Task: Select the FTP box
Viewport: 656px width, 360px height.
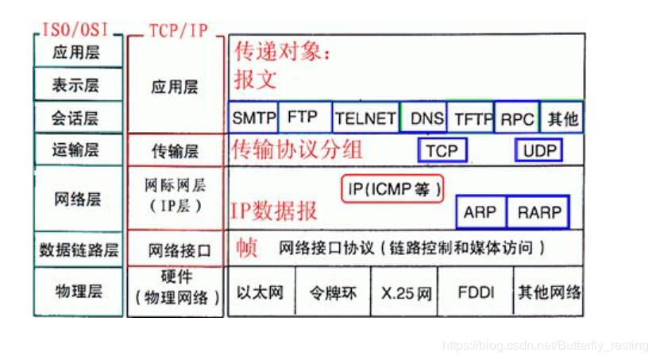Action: pyautogui.click(x=303, y=117)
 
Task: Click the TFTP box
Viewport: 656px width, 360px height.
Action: pyautogui.click(x=472, y=118)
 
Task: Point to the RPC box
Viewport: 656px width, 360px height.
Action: pyautogui.click(x=517, y=118)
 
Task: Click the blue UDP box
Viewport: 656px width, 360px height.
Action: pyautogui.click(x=540, y=150)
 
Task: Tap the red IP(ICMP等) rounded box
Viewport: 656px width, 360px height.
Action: pyautogui.click(x=392, y=188)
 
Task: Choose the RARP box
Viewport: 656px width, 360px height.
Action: pyautogui.click(x=539, y=212)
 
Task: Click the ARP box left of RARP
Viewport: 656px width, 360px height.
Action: pyautogui.click(x=480, y=212)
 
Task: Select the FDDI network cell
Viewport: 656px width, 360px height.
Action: pyautogui.click(x=476, y=292)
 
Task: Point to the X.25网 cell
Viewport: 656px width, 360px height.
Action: pyautogui.click(x=406, y=292)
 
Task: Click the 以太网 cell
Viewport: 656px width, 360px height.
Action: pyautogui.click(x=260, y=292)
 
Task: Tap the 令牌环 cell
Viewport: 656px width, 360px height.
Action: pyautogui.click(x=333, y=292)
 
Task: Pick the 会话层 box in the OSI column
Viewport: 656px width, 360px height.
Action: pyautogui.click(x=78, y=118)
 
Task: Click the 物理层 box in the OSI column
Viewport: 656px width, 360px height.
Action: pyautogui.click(x=78, y=291)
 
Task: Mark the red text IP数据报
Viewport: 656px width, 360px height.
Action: pyautogui.click(x=274, y=210)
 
